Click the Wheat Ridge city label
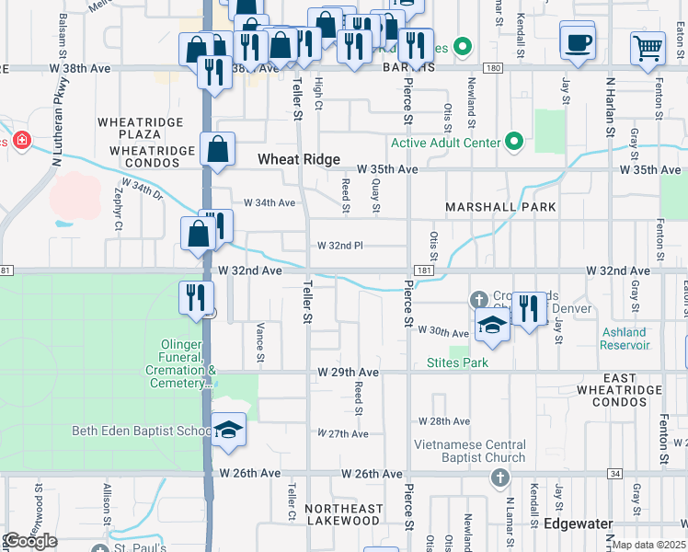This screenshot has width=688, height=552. (292, 159)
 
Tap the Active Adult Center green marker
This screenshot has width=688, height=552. (514, 143)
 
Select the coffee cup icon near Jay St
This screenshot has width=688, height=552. (578, 43)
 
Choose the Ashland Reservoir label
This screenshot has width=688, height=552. (625, 339)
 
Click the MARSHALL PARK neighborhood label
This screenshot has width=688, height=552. (500, 207)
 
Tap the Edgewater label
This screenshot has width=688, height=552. (578, 523)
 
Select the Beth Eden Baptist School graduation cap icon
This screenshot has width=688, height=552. (228, 430)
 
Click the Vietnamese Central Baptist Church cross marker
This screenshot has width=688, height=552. (499, 477)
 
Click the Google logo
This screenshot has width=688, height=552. (30, 541)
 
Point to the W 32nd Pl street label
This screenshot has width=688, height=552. (340, 246)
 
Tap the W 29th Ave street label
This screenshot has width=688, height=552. (349, 372)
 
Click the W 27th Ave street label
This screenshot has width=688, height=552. (343, 433)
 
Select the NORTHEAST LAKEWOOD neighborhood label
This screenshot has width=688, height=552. (343, 514)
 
